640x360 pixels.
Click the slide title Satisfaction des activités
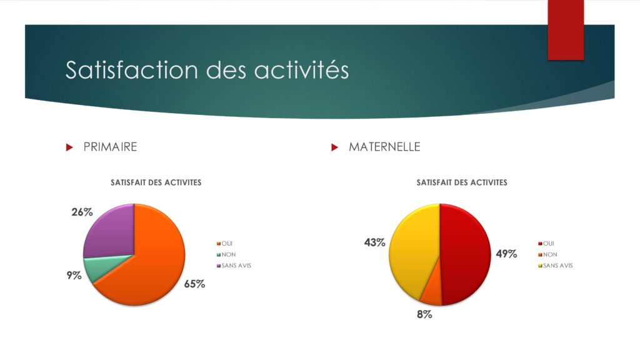pos(207,69)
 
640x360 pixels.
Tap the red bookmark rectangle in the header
pos(566,30)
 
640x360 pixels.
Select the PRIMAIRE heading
pos(110,147)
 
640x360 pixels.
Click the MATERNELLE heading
pos(384,147)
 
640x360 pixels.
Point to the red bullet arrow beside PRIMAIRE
pos(69,147)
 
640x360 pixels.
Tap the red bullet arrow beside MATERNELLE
pos(335,147)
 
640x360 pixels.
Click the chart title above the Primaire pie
pos(156,182)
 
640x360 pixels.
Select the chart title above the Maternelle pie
pos(462,182)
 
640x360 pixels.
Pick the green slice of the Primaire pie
pos(98,267)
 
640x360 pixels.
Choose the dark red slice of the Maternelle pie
pos(465,253)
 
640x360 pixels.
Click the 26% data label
pos(82,212)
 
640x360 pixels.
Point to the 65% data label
pos(194,284)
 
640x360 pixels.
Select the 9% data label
pos(74,276)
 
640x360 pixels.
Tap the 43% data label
pos(375,242)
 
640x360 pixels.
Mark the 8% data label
pos(424,314)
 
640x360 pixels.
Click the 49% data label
pos(506,254)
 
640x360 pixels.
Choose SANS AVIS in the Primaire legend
pos(236,265)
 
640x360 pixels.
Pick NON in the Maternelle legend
pos(550,254)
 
